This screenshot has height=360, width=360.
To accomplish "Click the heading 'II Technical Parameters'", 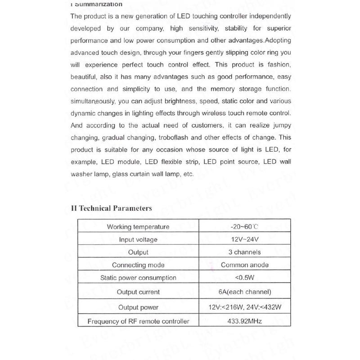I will [x=111, y=208].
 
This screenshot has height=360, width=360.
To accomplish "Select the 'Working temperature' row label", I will [x=138, y=227].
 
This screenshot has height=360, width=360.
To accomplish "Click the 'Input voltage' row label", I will [x=138, y=240].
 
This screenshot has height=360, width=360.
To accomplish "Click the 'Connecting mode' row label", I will [x=138, y=265].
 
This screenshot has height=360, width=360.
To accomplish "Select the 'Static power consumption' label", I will [x=138, y=278].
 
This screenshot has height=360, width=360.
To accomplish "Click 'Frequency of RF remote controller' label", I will [x=138, y=321].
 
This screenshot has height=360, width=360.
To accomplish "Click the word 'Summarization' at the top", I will [x=99, y=4].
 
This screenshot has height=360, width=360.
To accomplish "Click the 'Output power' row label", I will [x=138, y=307].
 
